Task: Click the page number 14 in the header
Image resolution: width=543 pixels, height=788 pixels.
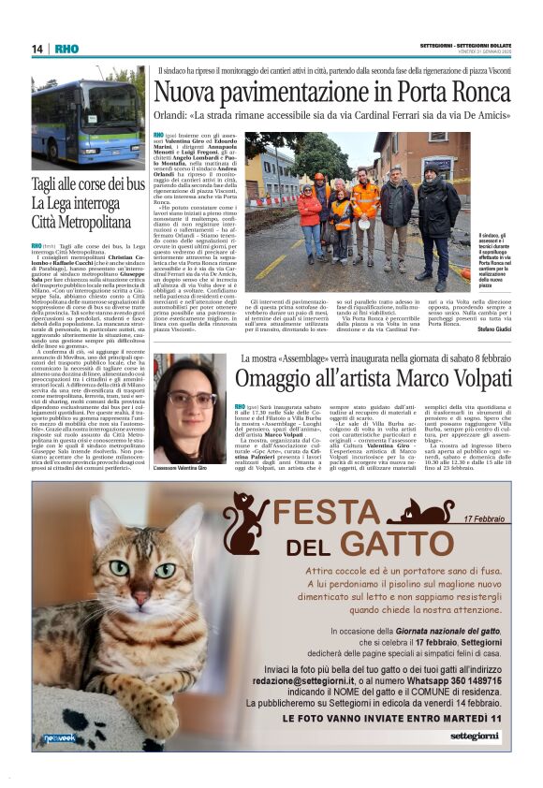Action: click(37, 49)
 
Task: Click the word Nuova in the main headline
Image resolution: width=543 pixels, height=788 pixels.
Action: click(193, 94)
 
